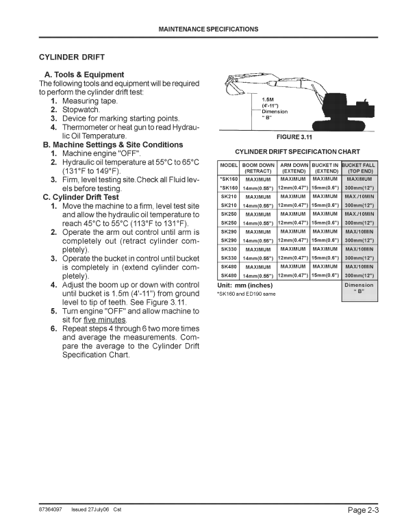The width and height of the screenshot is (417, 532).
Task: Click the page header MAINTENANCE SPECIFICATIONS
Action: pyautogui.click(x=208, y=29)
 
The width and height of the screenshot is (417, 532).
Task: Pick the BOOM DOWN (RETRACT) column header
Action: pyautogui.click(x=258, y=168)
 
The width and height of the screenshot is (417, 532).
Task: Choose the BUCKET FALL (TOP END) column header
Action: pyautogui.click(x=359, y=168)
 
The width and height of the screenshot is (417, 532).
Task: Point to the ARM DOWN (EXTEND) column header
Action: pyautogui.click(x=294, y=168)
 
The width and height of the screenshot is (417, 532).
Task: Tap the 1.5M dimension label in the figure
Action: pyautogui.click(x=268, y=99)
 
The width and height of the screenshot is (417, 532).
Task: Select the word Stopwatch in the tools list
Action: pyautogui.click(x=81, y=109)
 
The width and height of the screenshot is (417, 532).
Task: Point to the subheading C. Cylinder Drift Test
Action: pyautogui.click(x=81, y=197)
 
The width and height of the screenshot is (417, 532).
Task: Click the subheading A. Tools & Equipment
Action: pyautogui.click(x=84, y=75)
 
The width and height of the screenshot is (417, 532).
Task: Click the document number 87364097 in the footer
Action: pyautogui.click(x=52, y=509)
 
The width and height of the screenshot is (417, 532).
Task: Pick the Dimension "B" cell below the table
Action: pyautogui.click(x=359, y=288)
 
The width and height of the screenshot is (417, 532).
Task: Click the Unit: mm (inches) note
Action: pyautogui.click(x=245, y=285)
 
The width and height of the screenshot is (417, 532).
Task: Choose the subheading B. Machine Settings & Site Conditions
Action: pyautogui.click(x=112, y=145)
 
